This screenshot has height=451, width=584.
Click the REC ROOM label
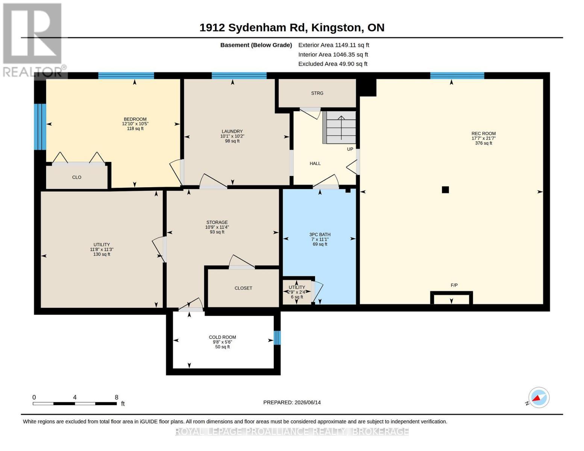tap(483, 133)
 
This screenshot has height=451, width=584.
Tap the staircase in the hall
tap(340, 127)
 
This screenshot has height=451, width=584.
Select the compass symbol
tap(538, 398)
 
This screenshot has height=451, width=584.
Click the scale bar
tap(75, 403)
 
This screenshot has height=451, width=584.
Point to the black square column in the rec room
tap(445, 190)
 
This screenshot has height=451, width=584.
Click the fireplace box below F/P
tap(452, 298)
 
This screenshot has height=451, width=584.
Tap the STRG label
tap(317, 93)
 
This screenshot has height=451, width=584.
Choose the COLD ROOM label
tap(222, 337)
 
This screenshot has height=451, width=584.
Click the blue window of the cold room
tap(277, 337)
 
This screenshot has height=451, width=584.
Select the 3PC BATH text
tap(320, 235)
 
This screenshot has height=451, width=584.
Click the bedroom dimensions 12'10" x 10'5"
tap(135, 124)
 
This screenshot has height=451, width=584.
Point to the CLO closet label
tap(77, 177)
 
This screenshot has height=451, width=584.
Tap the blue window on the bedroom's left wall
tap(40, 127)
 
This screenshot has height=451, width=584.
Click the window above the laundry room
tap(239, 76)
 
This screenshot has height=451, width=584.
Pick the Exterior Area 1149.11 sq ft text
tap(334, 45)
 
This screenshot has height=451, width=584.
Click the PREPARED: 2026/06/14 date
tap(292, 403)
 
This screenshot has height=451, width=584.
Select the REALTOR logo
tap(33, 40)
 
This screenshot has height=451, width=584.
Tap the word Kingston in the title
tap(336, 28)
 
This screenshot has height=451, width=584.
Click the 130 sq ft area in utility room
tap(102, 254)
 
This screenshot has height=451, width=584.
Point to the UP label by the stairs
tap(350, 149)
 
